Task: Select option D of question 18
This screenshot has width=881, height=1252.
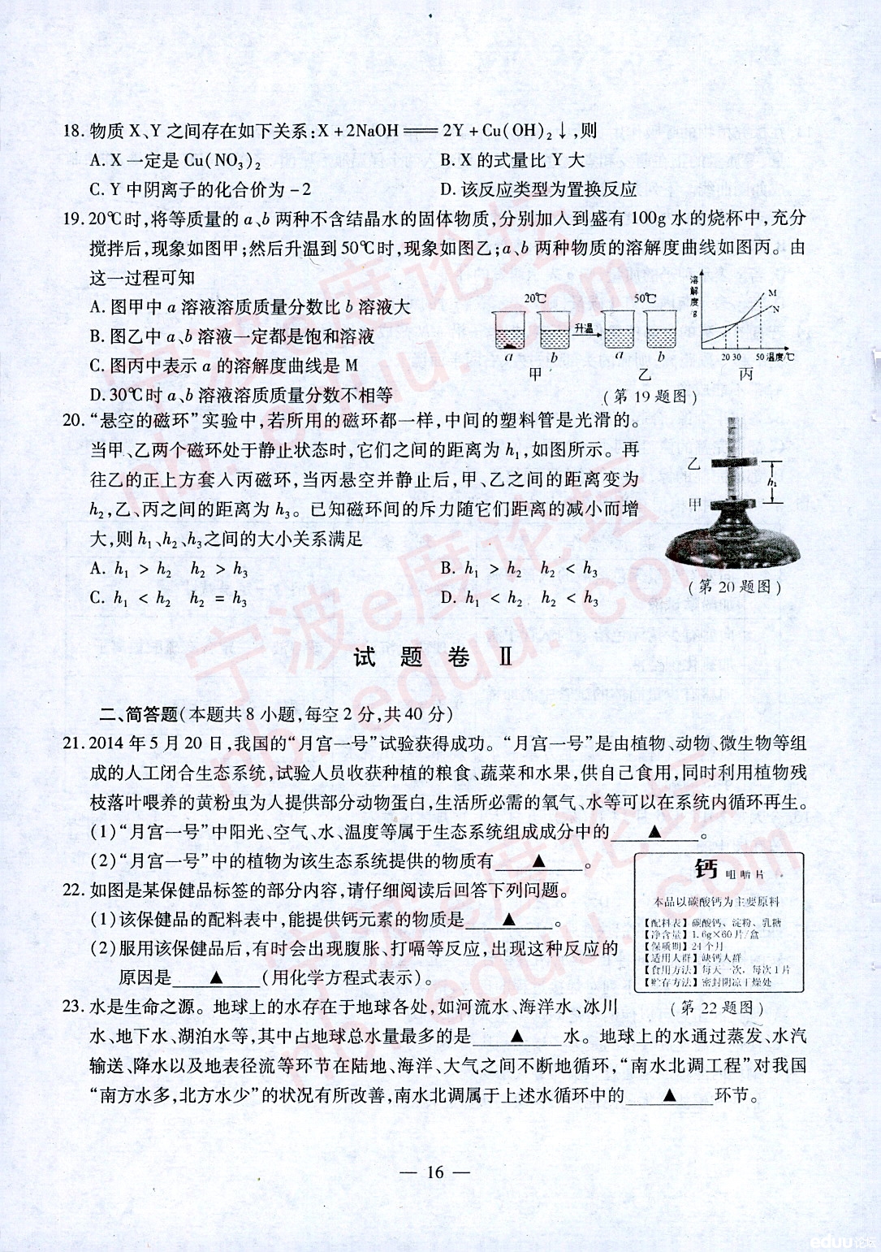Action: [x=538, y=190]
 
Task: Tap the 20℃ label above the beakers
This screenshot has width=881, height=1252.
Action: [x=535, y=298]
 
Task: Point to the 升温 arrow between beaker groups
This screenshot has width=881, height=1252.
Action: [x=584, y=329]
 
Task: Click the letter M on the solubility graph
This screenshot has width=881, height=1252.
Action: [x=772, y=292]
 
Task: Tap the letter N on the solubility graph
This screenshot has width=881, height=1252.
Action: [x=775, y=310]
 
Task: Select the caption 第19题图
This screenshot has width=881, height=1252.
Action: [x=650, y=396]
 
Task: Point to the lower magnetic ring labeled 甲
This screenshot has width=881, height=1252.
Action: [x=735, y=501]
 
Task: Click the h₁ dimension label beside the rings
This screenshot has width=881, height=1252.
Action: [x=771, y=483]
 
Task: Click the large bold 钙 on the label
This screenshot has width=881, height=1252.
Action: [x=706, y=870]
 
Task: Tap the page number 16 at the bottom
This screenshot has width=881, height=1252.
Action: [x=436, y=1171]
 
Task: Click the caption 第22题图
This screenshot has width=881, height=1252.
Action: [x=717, y=1008]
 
